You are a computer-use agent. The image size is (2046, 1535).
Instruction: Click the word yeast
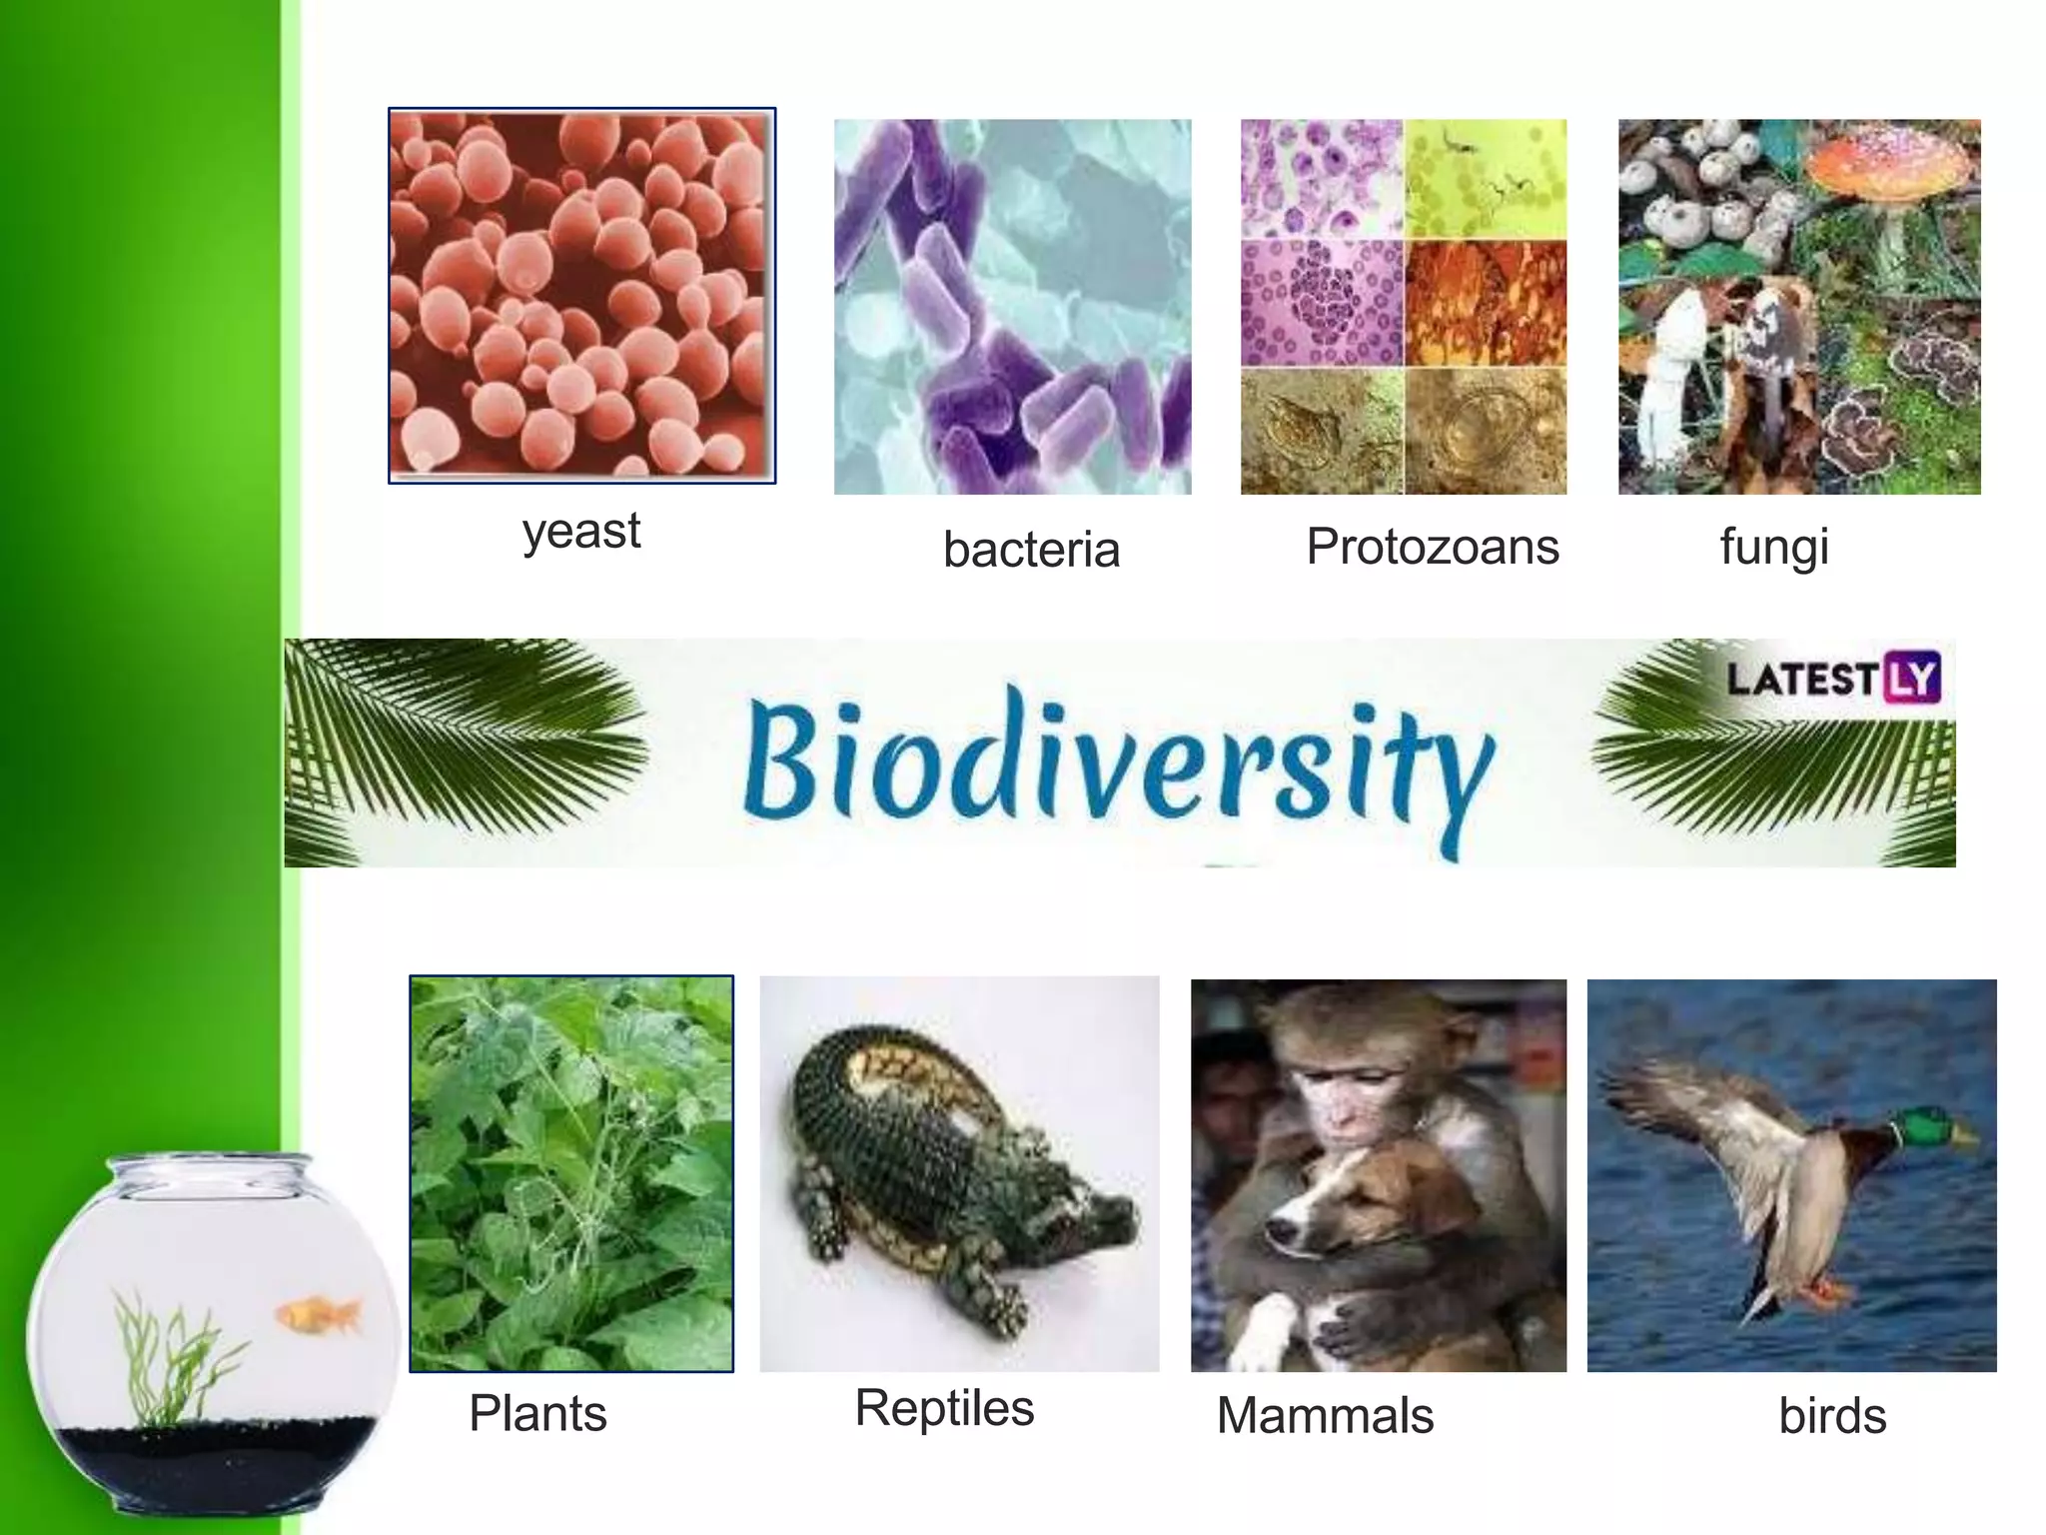click(x=581, y=531)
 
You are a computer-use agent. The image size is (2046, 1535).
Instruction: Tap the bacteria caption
click(x=1031, y=550)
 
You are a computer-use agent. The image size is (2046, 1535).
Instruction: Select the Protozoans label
click(x=1432, y=547)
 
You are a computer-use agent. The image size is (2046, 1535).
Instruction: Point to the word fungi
click(x=1774, y=547)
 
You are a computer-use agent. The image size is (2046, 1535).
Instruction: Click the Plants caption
click(x=537, y=1413)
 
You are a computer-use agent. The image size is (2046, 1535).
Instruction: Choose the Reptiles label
click(x=944, y=1408)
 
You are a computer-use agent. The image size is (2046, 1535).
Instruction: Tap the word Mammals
click(x=1325, y=1415)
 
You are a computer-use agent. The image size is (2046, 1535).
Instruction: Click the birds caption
click(x=1832, y=1416)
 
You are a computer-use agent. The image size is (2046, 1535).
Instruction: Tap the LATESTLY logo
click(x=1832, y=679)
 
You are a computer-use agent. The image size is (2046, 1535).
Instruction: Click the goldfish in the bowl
click(x=318, y=1314)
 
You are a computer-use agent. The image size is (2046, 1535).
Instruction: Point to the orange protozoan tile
click(x=1486, y=303)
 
